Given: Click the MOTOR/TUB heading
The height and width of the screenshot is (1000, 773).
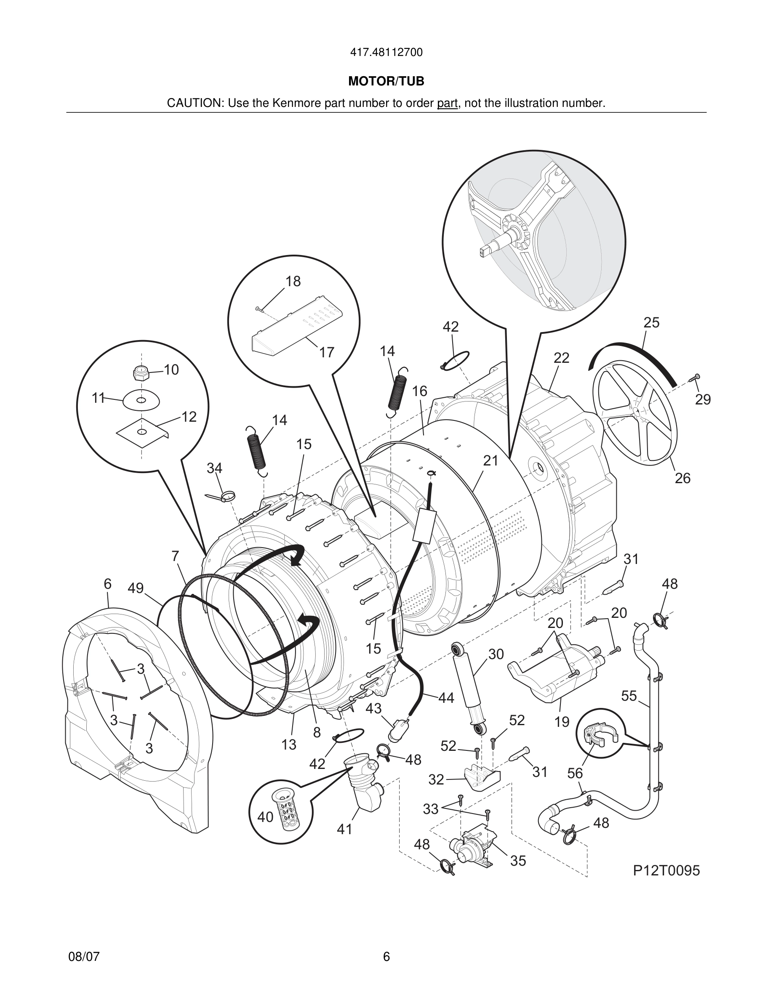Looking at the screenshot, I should (386, 82).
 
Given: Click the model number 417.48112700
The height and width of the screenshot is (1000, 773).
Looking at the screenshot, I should (386, 53).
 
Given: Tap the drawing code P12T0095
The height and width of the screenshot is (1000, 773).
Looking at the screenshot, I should (666, 870).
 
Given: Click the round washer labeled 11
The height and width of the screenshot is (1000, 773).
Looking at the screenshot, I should (141, 400).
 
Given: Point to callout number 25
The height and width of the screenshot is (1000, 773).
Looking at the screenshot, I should (651, 322).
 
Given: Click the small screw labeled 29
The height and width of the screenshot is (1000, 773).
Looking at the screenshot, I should (695, 377).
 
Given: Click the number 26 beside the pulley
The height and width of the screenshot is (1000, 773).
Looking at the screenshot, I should (682, 478).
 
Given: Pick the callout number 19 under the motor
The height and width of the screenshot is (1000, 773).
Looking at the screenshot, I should (561, 722).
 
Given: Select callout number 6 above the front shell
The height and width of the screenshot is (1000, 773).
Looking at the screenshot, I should (107, 584).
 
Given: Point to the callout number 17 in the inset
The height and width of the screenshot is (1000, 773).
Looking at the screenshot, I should (327, 352).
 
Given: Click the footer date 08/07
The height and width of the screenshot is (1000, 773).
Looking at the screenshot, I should (84, 957).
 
